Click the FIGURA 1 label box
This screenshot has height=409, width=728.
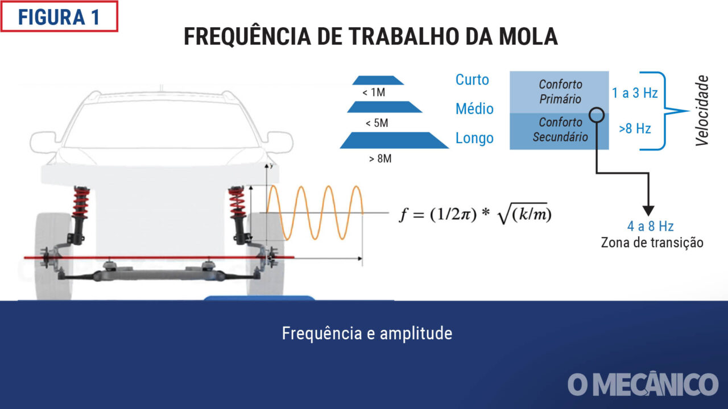[59, 16]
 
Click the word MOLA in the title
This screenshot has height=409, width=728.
[528, 36]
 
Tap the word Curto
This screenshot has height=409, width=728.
[472, 80]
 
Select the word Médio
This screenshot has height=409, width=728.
[474, 108]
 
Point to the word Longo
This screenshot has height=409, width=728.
[474, 138]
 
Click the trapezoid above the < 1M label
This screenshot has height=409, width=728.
[378, 80]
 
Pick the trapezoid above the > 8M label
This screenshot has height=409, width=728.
[394, 140]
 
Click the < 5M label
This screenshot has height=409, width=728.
[377, 123]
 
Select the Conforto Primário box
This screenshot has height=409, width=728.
[559, 92]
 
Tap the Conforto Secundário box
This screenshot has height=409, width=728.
[559, 131]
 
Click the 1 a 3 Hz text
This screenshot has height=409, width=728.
[635, 93]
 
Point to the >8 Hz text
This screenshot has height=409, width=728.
[635, 128]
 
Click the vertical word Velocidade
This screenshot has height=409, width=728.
[702, 110]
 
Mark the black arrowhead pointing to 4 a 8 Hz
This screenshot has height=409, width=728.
[648, 211]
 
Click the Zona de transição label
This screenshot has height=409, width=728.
[652, 243]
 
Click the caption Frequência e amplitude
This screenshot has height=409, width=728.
[367, 333]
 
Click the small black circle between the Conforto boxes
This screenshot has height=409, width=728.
[597, 115]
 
